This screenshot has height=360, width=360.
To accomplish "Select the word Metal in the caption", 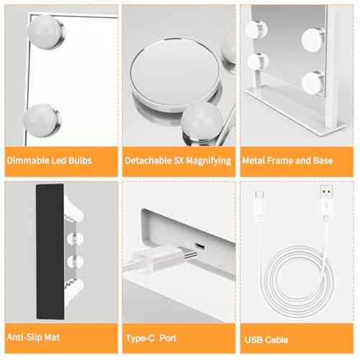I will coord(256,161).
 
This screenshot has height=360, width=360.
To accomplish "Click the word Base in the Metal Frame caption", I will coord(322,161).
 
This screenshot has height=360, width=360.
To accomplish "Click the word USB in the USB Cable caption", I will coord(253,339).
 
